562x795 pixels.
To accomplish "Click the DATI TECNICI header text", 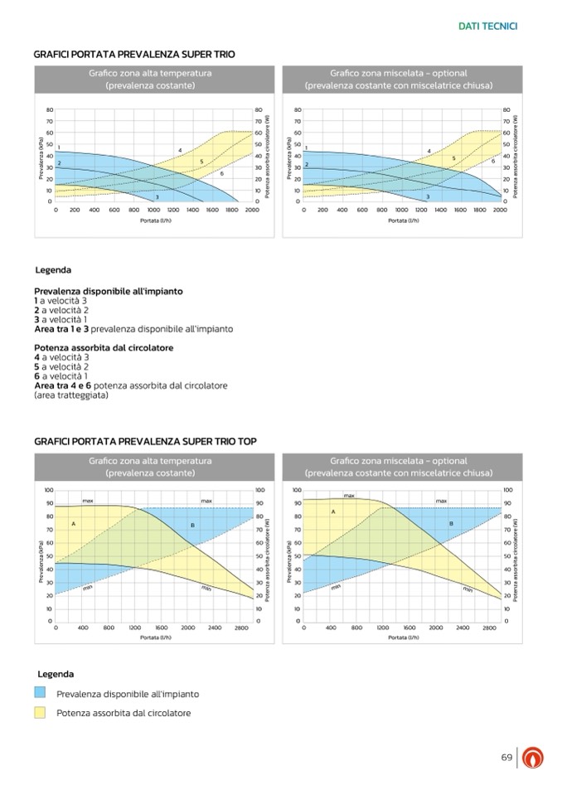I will click(487, 26).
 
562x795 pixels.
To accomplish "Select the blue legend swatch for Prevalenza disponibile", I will click(40, 693).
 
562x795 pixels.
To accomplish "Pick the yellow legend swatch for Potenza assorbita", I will click(40, 713).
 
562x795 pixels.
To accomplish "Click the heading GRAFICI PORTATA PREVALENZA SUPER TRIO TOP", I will click(145, 441).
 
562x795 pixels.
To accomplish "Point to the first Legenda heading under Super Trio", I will click(53, 270).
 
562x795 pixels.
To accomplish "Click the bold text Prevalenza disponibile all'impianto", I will click(109, 291).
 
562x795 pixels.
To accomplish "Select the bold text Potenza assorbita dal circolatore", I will click(104, 348).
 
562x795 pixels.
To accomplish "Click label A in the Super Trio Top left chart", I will click(73, 523).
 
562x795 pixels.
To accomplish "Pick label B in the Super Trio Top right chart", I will click(451, 523).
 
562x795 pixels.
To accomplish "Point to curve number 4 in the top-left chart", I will click(180, 150).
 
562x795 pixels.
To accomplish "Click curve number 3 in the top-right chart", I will click(427, 196).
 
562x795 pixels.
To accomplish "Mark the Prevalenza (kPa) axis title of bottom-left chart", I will click(40, 561).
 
